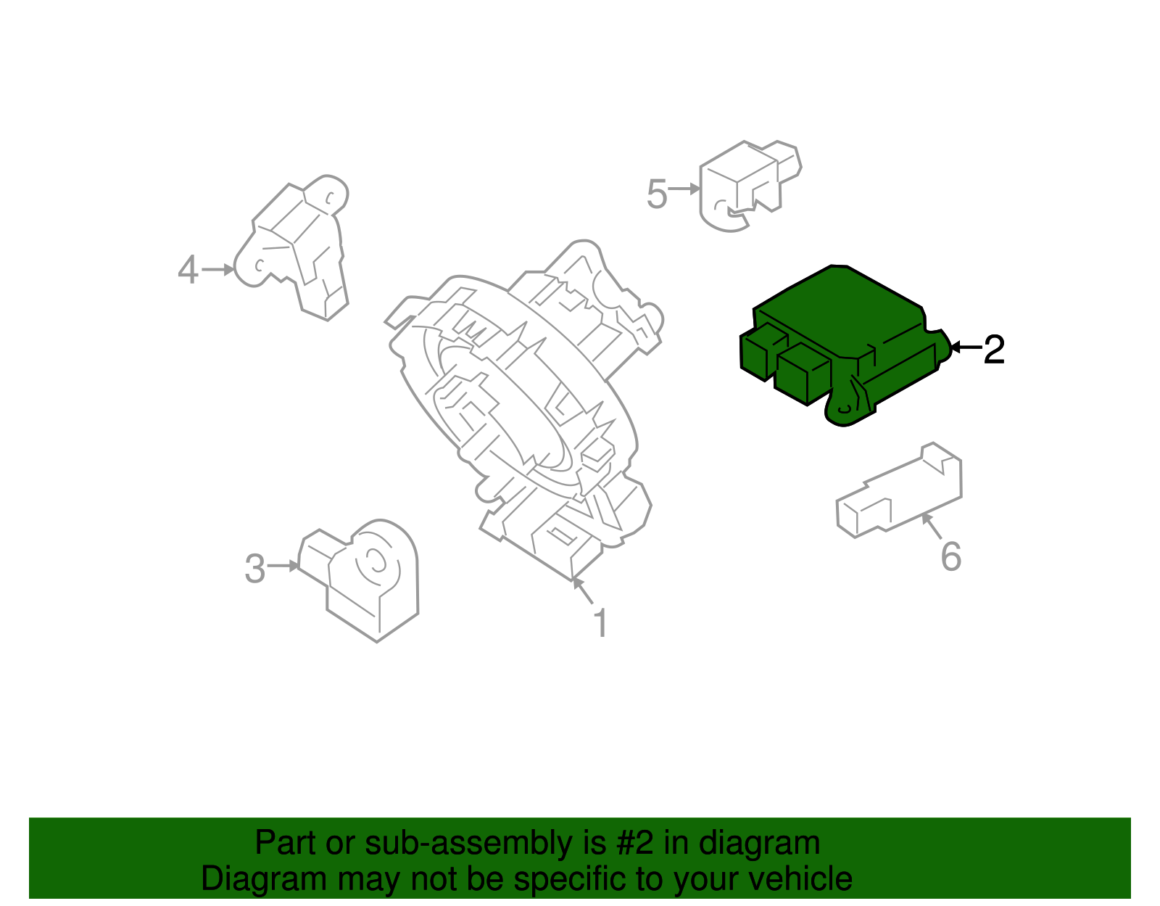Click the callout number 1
click(x=600, y=623)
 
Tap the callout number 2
click(x=994, y=350)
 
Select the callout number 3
click(x=254, y=569)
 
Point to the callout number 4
click(x=188, y=271)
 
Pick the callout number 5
click(x=656, y=194)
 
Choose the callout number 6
click(x=950, y=557)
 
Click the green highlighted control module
click(x=841, y=341)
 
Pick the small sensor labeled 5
click(x=747, y=185)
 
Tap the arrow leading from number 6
click(x=932, y=527)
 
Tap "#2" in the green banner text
click(x=635, y=844)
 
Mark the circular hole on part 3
click(x=376, y=560)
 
